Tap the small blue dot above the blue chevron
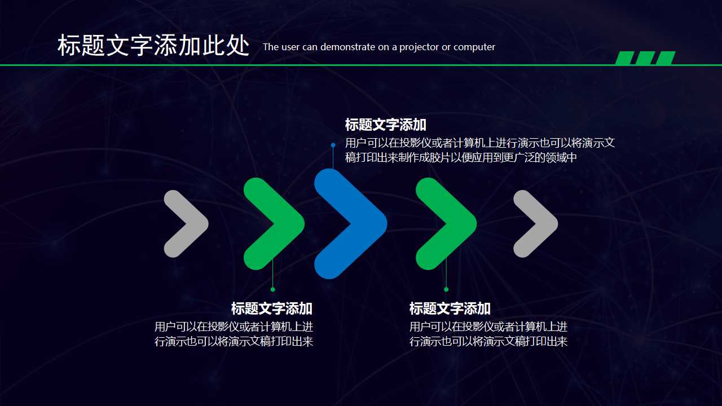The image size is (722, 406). [333, 145]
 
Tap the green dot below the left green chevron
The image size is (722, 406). [273, 289]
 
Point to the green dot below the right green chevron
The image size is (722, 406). [446, 289]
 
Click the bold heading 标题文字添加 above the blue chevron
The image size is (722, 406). [385, 125]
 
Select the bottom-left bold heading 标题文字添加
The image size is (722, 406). [271, 308]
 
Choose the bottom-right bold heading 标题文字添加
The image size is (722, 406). [450, 308]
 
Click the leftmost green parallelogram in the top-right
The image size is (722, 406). [625, 58]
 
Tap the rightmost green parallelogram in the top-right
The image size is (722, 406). [666, 58]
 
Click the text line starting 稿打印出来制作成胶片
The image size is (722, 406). [461, 158]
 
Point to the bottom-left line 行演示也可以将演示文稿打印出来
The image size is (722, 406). [234, 342]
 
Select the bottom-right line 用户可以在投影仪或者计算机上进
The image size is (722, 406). [488, 326]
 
